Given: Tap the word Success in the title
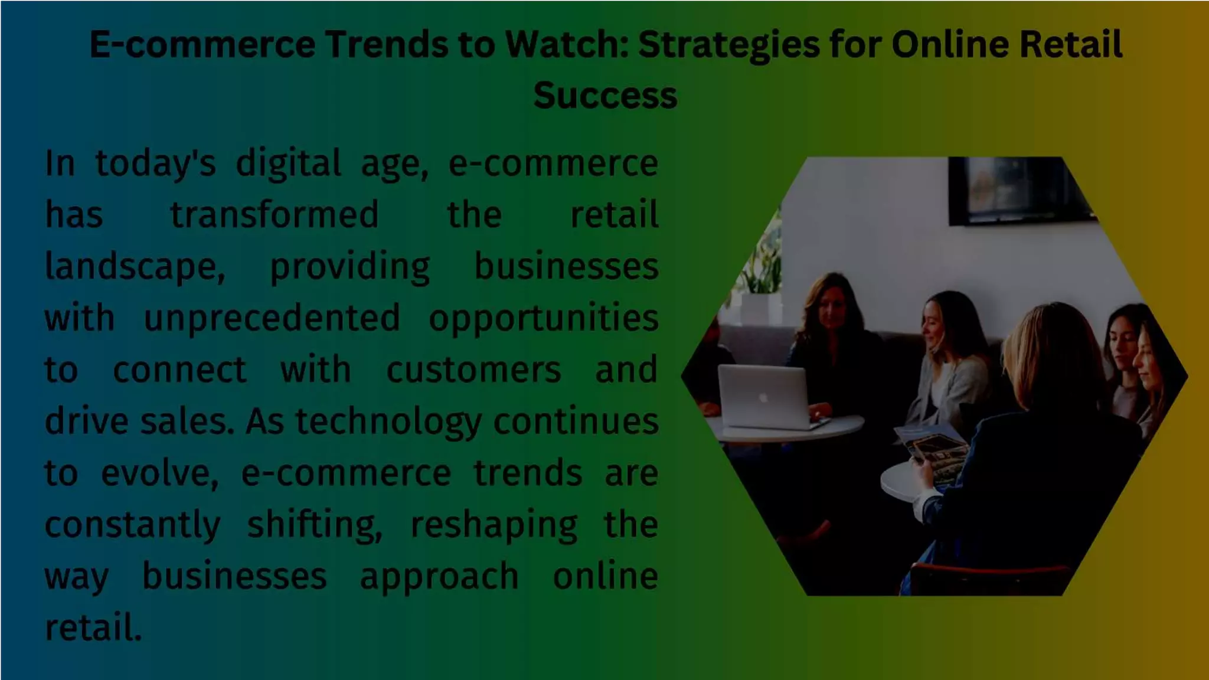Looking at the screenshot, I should pos(605,96).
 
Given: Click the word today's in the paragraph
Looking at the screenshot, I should pos(155,164).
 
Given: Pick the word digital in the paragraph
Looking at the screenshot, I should pos(288,164).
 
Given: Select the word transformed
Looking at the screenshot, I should pos(275,215).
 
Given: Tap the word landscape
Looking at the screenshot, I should pos(135,267).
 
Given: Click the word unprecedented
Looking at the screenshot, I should pos(272,319).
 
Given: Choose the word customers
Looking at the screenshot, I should pos(473,371).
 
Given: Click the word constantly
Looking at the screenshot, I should pos(133,525).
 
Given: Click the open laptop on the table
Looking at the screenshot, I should pos(764,397).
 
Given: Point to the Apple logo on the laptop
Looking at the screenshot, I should pos(763,398).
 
